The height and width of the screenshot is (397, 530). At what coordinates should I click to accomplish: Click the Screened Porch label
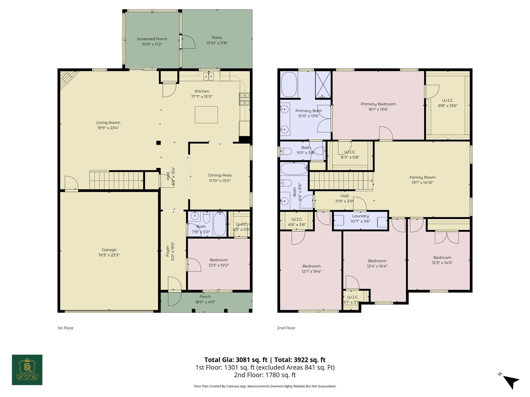(152, 39)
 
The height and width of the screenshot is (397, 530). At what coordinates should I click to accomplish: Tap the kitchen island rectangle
(206, 115)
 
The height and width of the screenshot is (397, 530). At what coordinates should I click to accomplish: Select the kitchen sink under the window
(209, 76)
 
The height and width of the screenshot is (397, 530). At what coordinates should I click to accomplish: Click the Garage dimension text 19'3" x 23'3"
(109, 255)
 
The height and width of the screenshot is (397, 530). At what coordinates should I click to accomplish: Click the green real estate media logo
(27, 370)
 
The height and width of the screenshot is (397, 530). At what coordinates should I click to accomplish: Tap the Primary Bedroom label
(378, 104)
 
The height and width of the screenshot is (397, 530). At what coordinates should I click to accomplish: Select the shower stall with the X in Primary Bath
(323, 85)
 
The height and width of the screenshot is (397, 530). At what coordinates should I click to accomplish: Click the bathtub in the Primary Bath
(289, 85)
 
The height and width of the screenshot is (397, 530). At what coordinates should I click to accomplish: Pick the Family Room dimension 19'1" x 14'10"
(422, 182)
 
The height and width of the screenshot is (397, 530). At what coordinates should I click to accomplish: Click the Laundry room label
(360, 216)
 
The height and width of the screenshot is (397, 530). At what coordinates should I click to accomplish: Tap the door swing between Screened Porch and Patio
(188, 42)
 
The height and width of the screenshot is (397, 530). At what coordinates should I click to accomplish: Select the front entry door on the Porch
(175, 291)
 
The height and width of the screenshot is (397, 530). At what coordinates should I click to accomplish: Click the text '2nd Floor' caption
(286, 328)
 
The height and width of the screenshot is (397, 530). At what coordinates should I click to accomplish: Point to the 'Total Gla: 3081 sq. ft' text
(235, 360)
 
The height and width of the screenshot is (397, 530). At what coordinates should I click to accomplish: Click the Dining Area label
(220, 175)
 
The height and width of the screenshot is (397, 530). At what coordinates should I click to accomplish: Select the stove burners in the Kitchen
(245, 99)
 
